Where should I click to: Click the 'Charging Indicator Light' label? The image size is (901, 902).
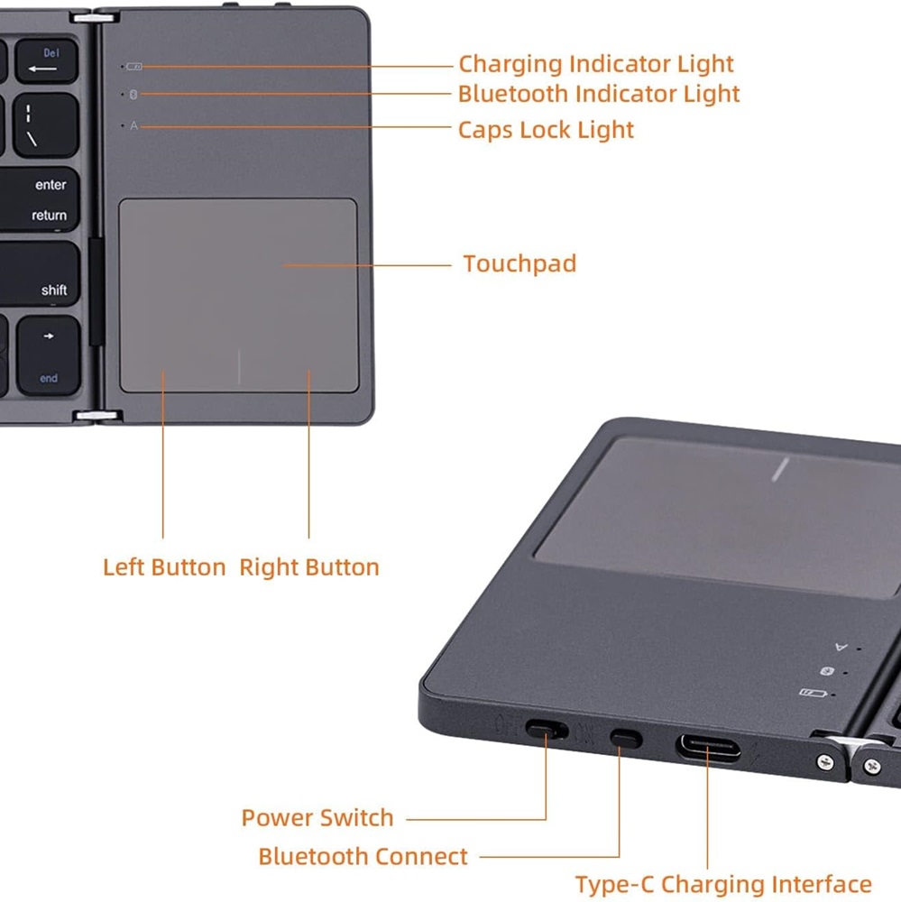[x=596, y=64]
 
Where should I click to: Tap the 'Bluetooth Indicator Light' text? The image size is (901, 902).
[x=598, y=94]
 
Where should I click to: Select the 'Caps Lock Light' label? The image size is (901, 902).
[x=546, y=130]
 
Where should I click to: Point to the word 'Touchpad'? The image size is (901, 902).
[x=519, y=263]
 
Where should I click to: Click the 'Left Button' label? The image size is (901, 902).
[x=164, y=567]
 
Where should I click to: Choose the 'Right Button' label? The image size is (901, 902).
[x=309, y=567]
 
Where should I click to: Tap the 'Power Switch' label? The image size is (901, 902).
[x=317, y=817]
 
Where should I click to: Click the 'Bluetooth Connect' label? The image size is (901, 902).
[x=363, y=857]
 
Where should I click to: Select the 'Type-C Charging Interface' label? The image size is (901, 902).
[x=723, y=884]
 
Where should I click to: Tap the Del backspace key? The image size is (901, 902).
[x=46, y=61]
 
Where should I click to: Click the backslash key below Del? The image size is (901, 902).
[x=46, y=125]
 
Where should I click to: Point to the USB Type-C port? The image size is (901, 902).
[x=708, y=747]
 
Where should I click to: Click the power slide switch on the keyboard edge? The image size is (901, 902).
[x=546, y=731]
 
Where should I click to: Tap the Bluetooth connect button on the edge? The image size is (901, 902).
[x=626, y=738]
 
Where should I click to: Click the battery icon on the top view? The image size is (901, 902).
[x=134, y=67]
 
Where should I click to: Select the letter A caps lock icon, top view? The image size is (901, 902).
[x=134, y=125]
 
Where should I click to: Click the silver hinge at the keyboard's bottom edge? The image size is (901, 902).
[x=97, y=416]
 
